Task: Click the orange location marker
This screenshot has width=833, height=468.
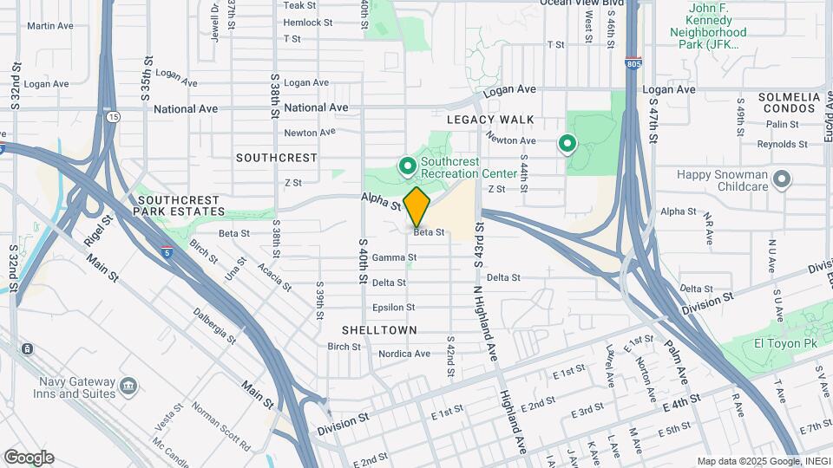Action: coord(416,206)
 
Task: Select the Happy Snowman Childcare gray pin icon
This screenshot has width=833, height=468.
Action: coord(782,179)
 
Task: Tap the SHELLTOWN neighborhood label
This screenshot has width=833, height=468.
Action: coord(379,330)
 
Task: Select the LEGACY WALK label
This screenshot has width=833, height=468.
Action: coord(490,120)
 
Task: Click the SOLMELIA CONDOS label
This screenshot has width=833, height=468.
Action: coord(788,103)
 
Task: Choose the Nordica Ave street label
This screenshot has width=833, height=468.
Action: coord(404,354)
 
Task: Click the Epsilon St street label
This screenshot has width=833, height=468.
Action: coord(393,307)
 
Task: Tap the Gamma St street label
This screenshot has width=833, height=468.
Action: coord(394,257)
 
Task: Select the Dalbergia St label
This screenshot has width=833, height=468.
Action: coord(214,326)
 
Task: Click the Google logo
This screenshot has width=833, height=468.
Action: coord(29,458)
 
